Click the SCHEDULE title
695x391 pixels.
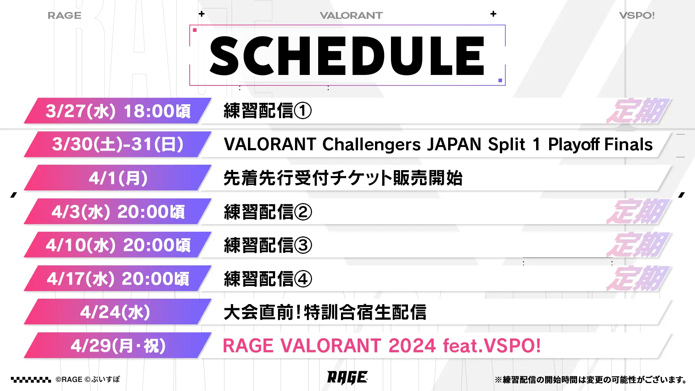(x=347, y=56)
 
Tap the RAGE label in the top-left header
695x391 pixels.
(x=64, y=16)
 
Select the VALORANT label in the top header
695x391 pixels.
(x=351, y=16)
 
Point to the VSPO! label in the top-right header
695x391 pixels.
(x=637, y=16)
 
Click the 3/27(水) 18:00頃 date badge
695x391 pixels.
(x=118, y=111)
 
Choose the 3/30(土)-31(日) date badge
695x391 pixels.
(x=118, y=144)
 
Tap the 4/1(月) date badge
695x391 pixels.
(x=118, y=178)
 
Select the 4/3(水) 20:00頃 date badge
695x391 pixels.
(x=118, y=211)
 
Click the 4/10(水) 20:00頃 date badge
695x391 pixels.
(x=118, y=245)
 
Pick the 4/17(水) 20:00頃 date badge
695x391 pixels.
(x=118, y=278)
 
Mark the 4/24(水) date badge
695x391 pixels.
(x=118, y=312)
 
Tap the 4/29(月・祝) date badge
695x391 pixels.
(x=118, y=345)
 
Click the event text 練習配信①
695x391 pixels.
(x=268, y=111)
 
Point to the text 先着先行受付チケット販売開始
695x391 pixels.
(x=343, y=178)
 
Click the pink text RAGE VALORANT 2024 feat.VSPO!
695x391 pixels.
(x=382, y=345)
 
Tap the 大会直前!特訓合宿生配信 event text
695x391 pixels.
(x=325, y=312)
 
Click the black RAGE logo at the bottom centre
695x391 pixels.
(x=347, y=378)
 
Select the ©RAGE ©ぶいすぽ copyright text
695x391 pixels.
(x=88, y=379)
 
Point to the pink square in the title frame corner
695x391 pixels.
(x=195, y=30)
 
